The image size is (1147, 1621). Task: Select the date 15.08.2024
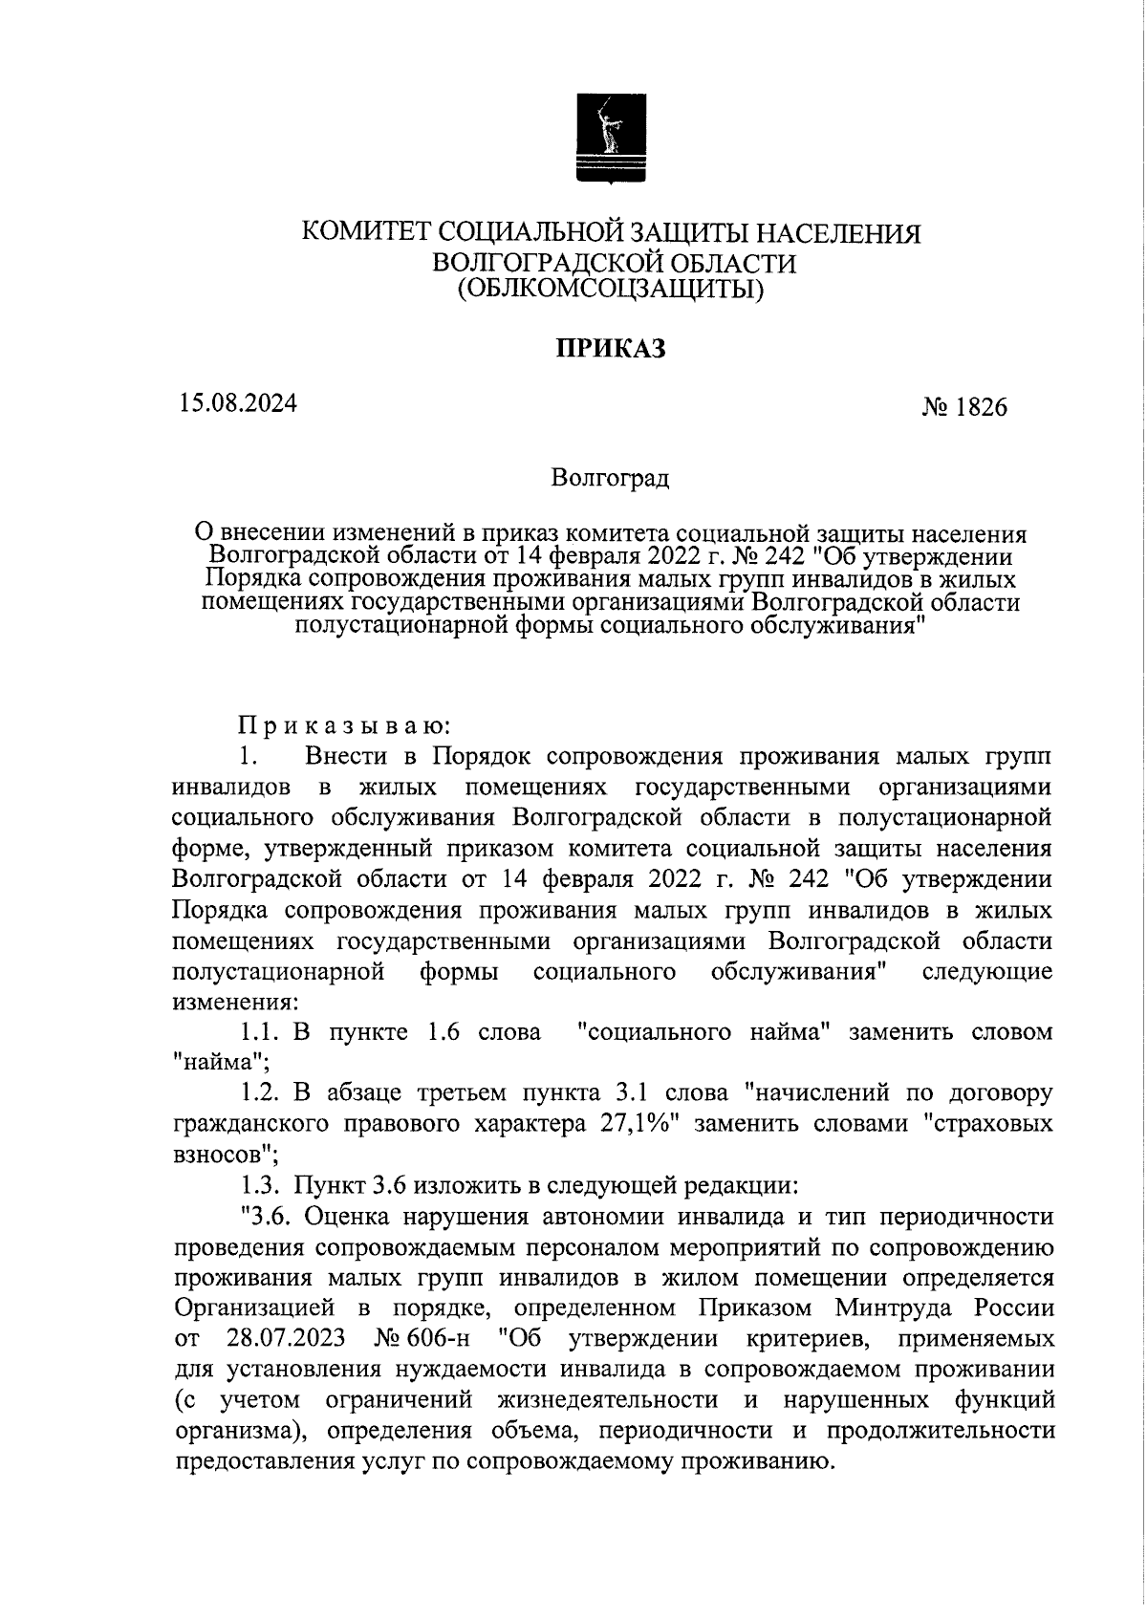pos(237,402)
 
